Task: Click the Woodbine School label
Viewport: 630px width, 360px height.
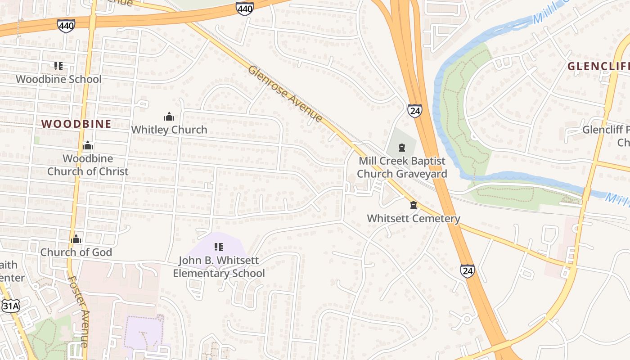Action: pos(58,79)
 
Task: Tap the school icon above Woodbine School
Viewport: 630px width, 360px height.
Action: pos(58,66)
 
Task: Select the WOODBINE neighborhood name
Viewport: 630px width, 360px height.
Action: pos(76,124)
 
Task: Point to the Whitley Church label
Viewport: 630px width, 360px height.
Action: pos(169,130)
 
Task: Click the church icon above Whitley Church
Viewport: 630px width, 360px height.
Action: pos(169,117)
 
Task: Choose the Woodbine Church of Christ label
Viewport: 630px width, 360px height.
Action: pos(88,165)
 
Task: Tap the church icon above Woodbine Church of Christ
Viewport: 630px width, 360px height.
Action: pos(88,146)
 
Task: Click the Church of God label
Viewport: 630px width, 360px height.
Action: pos(76,252)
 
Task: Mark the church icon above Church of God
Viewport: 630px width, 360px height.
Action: pos(76,239)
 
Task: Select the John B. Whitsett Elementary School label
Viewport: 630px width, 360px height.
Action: pos(219,267)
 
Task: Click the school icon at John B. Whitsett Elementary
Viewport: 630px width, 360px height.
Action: pos(219,247)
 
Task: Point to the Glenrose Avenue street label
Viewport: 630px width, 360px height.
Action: pos(285,94)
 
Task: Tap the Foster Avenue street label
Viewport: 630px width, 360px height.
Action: pos(78,310)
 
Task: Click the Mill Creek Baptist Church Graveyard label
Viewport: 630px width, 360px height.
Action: pos(402,167)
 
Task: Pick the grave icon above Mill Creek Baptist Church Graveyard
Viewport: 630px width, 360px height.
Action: pos(402,147)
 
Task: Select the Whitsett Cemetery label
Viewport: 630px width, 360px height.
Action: pos(414,219)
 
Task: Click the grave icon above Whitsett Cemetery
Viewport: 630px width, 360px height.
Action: pos(414,206)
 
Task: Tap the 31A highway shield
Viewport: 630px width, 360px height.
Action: pos(11,306)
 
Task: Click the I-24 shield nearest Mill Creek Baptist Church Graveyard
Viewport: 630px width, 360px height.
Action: pos(415,110)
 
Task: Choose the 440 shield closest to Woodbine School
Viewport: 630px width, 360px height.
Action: pos(66,26)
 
